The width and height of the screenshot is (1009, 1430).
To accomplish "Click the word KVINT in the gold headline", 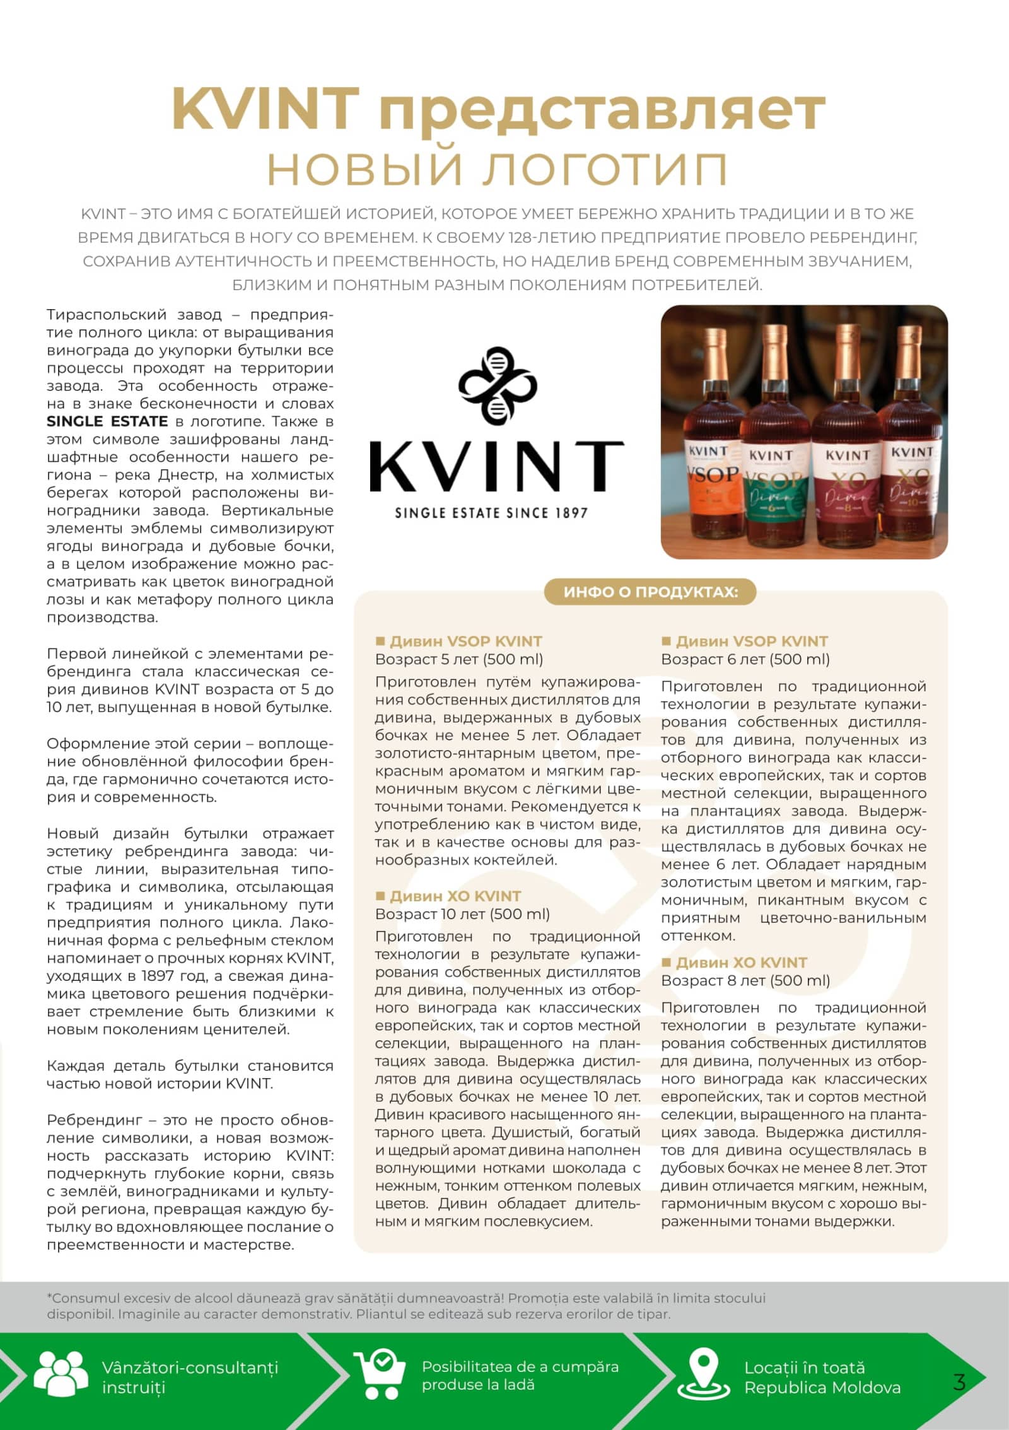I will (x=265, y=108).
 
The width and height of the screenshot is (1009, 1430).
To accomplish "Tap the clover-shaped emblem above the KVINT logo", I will (x=498, y=385).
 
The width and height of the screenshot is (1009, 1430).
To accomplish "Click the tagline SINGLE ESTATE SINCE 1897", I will (x=491, y=513).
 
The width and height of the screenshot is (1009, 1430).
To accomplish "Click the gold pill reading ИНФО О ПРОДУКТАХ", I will (x=650, y=592).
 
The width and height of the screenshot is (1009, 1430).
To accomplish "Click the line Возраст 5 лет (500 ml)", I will (x=459, y=659).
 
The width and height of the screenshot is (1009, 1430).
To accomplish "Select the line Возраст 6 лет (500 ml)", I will (x=745, y=659).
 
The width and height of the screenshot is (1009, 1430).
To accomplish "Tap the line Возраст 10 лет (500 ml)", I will (x=462, y=914).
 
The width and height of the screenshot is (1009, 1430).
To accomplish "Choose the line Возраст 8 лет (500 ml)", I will (x=745, y=980).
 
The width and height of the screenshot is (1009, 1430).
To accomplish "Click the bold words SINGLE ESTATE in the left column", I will (x=107, y=421).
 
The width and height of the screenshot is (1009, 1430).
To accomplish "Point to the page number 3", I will (x=959, y=1382).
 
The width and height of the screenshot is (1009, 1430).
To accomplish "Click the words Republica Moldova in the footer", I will (x=822, y=1388).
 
